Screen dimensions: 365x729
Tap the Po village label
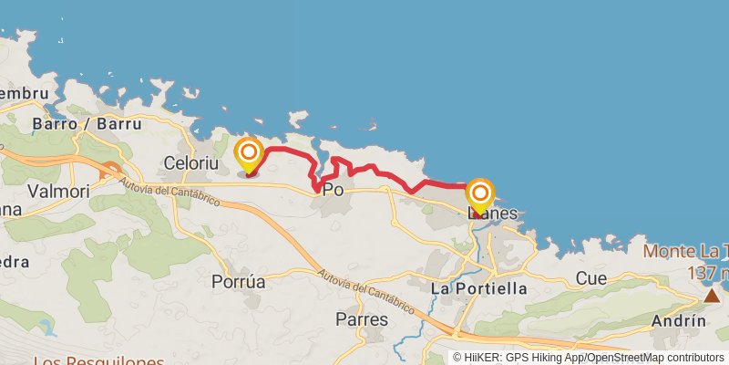pyautogui.click(x=334, y=191)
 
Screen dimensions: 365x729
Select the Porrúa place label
pyautogui.click(x=238, y=282)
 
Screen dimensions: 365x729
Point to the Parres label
pyautogui.click(x=362, y=319)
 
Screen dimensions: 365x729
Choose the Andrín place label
pyautogui.click(x=679, y=320)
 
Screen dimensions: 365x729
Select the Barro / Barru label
pyautogui.click(x=87, y=123)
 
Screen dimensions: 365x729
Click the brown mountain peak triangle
pyautogui.click(x=712, y=296)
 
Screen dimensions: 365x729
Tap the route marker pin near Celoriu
pyautogui.click(x=248, y=153)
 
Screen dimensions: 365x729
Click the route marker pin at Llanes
pyautogui.click(x=480, y=195)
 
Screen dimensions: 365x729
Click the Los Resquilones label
pyautogui.click(x=86, y=360)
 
